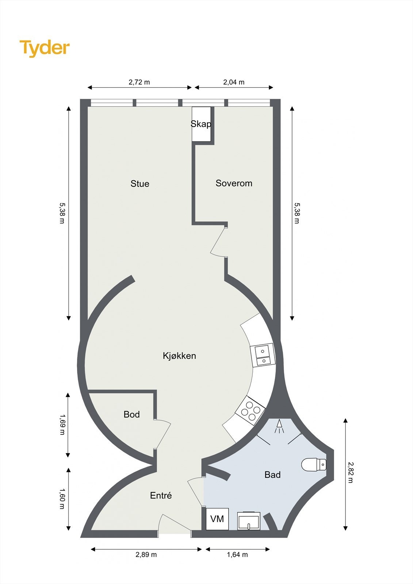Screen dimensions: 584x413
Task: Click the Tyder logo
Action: (45, 48)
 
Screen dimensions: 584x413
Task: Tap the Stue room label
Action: (140, 184)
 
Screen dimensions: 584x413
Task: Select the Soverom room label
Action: (234, 183)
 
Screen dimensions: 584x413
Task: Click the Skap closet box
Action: (201, 124)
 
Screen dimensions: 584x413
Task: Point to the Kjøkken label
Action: (179, 356)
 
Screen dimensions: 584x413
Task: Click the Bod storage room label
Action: (131, 415)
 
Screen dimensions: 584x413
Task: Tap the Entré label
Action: (161, 496)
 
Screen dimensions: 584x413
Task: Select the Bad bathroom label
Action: (272, 475)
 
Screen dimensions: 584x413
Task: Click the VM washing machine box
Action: (217, 519)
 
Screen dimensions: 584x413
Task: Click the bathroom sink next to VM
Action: (249, 521)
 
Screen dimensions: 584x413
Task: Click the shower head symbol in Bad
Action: (279, 426)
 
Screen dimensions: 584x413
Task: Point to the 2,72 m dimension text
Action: (139, 82)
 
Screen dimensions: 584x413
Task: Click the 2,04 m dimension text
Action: (234, 82)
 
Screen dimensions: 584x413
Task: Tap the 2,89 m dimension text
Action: (146, 555)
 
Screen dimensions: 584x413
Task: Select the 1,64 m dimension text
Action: (237, 555)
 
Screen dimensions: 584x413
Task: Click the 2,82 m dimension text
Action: (350, 472)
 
